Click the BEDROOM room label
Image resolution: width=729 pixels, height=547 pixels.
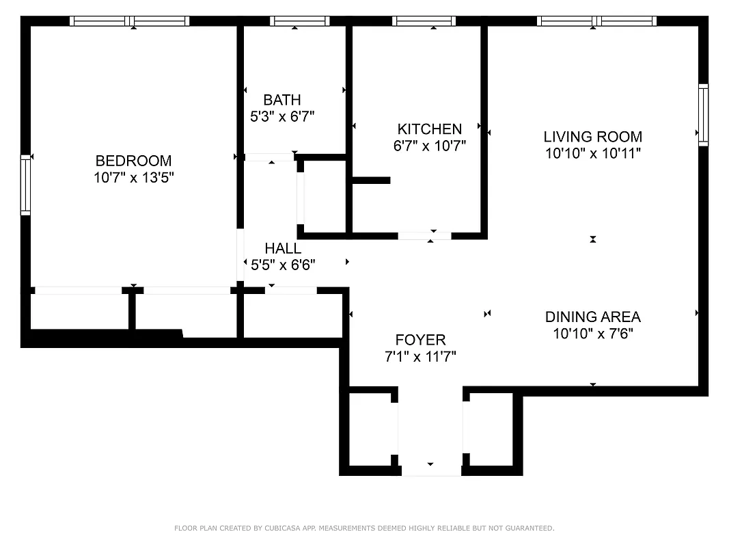pos(133,161)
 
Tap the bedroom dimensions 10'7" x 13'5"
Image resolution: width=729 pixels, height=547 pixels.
pos(133,178)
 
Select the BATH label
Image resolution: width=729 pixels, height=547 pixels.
pos(281,101)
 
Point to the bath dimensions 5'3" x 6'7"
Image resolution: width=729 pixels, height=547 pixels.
pos(281,117)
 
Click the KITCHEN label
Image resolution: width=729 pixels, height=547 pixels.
pos(429,129)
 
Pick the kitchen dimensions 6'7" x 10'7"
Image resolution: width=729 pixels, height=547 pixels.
pos(429,146)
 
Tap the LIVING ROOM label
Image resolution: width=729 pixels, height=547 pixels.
pos(592,136)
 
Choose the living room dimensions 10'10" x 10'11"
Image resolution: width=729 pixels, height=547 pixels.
pos(592,153)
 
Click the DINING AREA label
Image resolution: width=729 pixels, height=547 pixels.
pos(592,317)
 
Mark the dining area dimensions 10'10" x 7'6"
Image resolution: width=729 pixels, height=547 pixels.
pos(592,334)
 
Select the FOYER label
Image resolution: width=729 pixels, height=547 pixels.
pos(420,340)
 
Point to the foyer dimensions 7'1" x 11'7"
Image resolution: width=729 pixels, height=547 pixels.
pos(420,356)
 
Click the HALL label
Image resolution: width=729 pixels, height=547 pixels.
pos(282,248)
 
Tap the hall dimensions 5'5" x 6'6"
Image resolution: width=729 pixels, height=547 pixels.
pos(282,265)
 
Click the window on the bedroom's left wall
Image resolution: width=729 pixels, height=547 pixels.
pos(26,185)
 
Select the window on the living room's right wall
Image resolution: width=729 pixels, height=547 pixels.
pos(703,115)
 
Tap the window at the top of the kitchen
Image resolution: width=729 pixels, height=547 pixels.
pos(424,21)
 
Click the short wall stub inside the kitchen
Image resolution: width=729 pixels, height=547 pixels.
pos(371,181)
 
